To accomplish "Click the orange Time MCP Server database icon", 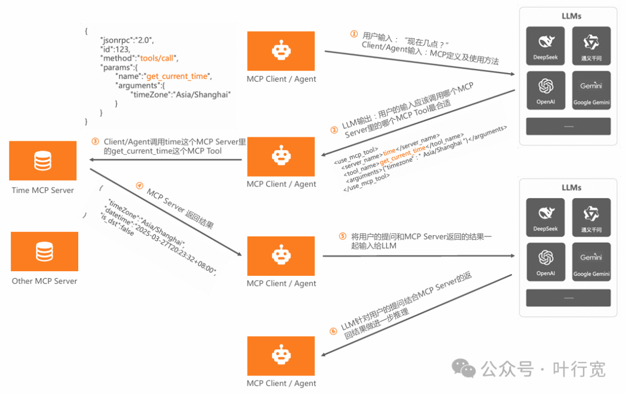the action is [x=43, y=160].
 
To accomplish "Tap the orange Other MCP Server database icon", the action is [x=44, y=251].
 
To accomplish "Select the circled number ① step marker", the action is [x=354, y=34].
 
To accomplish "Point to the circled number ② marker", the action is [x=334, y=130].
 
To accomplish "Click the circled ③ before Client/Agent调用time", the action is [x=95, y=142].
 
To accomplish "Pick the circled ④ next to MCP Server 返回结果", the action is [x=139, y=185].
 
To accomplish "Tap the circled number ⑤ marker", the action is [x=343, y=236].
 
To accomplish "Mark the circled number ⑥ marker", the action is [x=333, y=331].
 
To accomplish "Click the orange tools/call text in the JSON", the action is [x=156, y=59].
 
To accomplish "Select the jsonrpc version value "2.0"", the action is [x=144, y=40].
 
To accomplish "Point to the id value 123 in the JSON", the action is [x=122, y=49].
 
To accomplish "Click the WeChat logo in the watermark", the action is [x=464, y=368].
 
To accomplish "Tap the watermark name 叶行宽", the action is [x=579, y=369].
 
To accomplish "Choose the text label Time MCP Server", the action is [x=43, y=191].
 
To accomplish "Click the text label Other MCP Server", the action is [x=44, y=281].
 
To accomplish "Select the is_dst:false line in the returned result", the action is [x=117, y=224].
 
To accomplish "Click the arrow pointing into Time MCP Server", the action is [x=165, y=160].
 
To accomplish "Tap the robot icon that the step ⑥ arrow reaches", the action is [x=281, y=356].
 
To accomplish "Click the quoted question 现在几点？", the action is [x=427, y=42].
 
